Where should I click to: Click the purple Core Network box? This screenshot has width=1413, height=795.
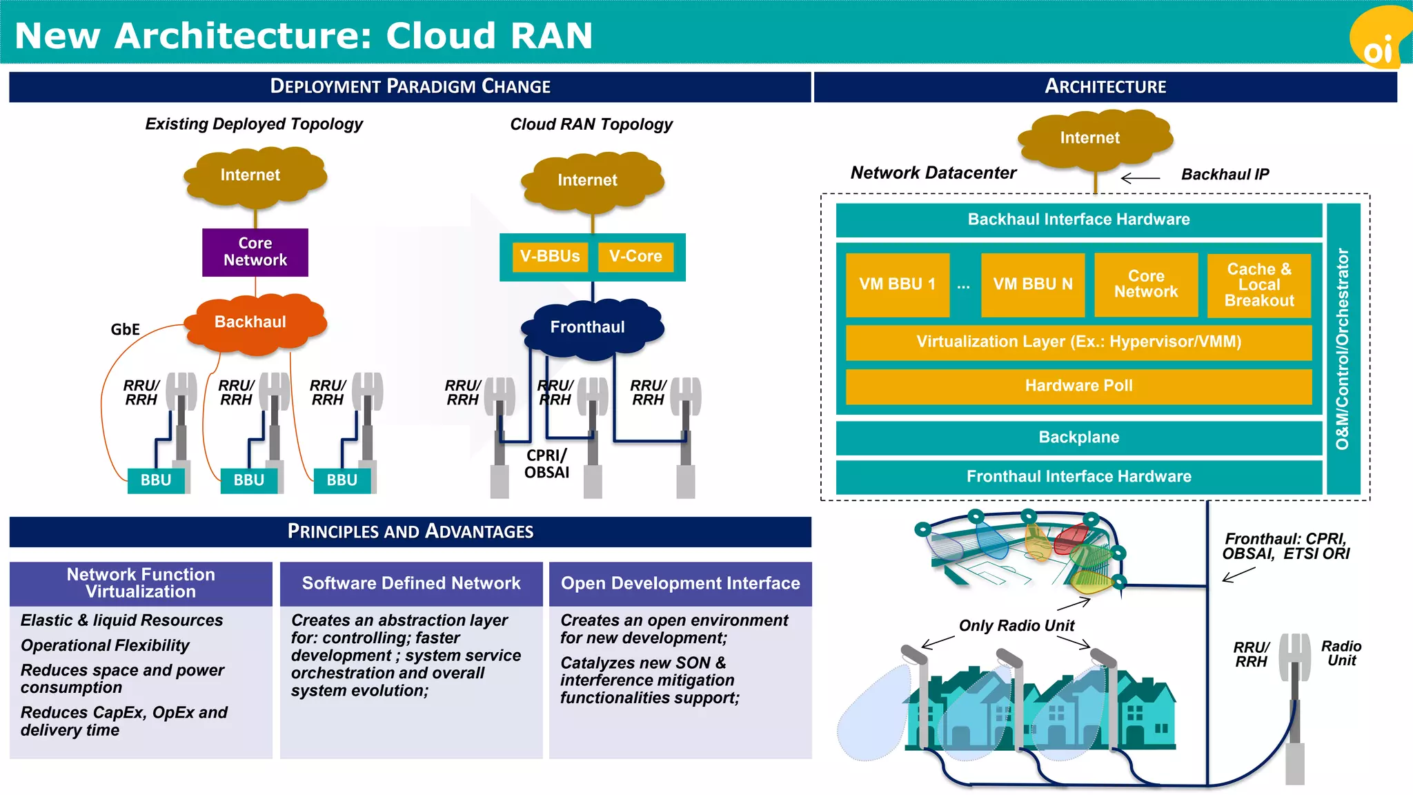[255, 252]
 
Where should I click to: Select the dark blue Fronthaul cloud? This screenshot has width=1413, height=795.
[589, 328]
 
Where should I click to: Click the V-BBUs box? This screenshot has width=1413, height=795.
[550, 257]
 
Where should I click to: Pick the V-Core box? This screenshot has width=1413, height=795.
[635, 257]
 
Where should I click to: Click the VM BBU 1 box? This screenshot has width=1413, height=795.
[897, 284]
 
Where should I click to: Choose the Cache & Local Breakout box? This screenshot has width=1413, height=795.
[1258, 285]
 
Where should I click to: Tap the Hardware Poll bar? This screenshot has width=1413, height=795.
[1078, 386]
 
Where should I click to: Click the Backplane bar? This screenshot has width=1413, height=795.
[1078, 438]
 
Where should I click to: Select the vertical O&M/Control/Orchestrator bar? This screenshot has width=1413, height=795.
[1343, 349]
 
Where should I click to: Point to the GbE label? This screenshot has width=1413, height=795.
[125, 330]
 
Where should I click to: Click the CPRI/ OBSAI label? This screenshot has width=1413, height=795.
[546, 464]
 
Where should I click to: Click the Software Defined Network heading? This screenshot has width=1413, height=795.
[411, 584]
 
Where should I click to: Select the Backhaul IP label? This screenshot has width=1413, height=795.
[1225, 175]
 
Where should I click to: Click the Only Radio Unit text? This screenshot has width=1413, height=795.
[1016, 626]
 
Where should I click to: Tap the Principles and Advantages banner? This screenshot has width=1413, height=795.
[411, 532]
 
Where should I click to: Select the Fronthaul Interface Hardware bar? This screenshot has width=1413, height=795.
[1078, 477]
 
